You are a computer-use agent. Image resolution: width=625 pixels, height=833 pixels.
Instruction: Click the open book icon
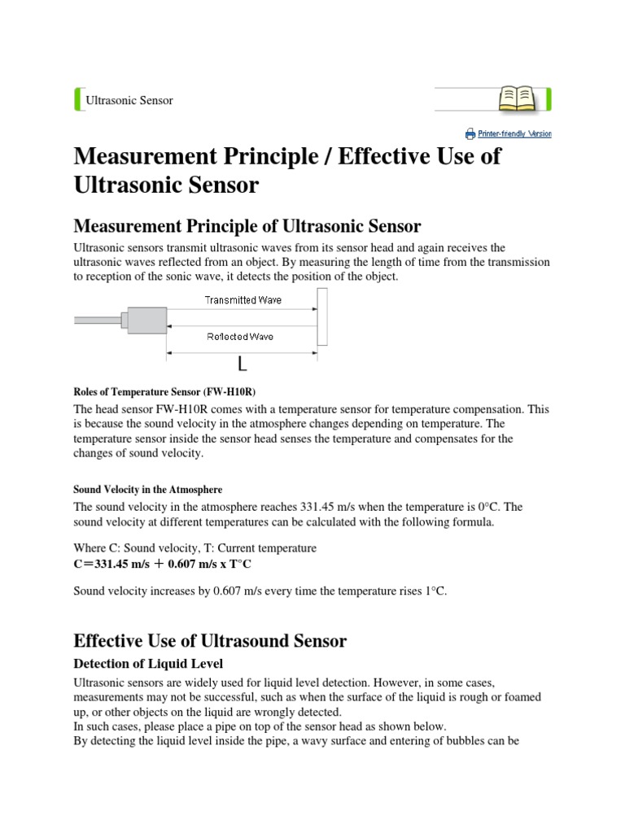(x=518, y=99)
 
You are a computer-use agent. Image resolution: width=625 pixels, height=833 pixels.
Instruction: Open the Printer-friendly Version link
(x=514, y=133)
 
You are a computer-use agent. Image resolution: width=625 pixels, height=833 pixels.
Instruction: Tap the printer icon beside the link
(x=470, y=133)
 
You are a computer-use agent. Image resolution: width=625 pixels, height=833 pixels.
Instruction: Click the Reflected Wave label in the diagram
(x=241, y=335)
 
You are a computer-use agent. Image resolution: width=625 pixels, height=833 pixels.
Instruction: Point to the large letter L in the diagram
(x=243, y=363)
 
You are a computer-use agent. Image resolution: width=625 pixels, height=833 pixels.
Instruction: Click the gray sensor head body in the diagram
(x=146, y=321)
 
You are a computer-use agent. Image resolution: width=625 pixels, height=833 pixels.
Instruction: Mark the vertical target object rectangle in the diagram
(x=322, y=317)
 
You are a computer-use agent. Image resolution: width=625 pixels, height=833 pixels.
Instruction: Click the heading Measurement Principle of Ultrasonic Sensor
(x=247, y=225)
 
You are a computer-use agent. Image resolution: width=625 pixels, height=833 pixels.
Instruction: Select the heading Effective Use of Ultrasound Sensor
(x=210, y=640)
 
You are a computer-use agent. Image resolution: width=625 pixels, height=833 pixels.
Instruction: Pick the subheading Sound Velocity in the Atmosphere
(x=147, y=489)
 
